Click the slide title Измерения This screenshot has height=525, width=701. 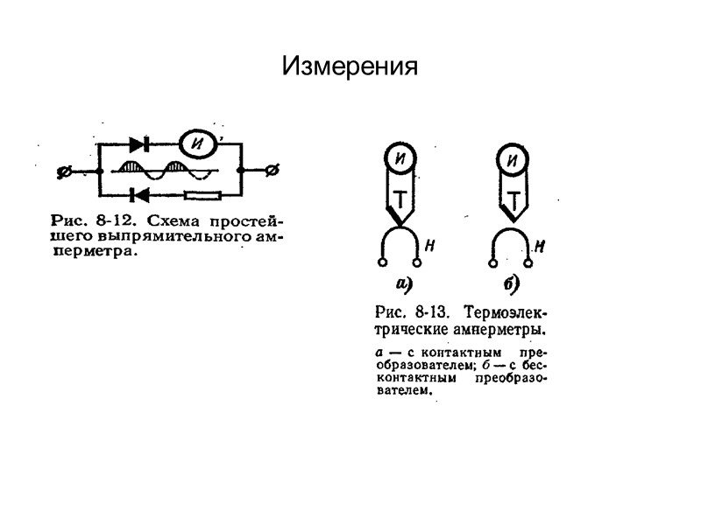coord(350,66)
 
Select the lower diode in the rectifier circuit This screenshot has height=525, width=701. coord(138,194)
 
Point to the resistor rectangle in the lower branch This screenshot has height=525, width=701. coord(209,194)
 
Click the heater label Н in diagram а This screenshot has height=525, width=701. coord(430,247)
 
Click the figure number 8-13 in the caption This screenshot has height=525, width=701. coord(432,311)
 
